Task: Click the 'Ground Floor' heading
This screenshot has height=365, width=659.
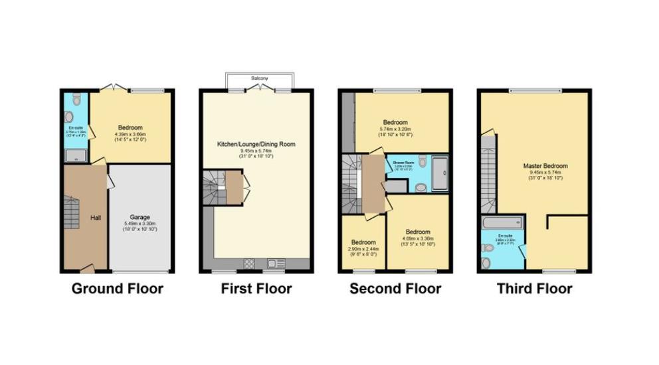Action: tap(117, 289)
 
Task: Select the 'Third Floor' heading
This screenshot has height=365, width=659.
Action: tap(534, 289)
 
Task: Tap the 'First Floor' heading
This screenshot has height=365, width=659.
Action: tap(256, 289)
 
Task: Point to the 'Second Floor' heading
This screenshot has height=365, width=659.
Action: tap(395, 289)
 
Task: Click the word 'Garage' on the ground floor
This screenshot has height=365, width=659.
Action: tap(140, 217)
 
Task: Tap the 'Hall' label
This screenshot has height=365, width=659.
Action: tap(95, 218)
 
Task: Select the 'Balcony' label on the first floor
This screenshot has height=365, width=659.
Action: tap(260, 79)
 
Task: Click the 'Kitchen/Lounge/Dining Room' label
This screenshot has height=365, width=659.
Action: tap(255, 144)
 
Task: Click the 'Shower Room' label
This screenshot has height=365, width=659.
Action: tap(403, 163)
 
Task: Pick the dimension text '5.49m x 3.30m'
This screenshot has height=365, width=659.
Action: tap(140, 224)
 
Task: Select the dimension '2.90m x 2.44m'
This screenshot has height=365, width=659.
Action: tap(363, 248)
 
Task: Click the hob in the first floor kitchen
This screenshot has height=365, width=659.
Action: tap(249, 263)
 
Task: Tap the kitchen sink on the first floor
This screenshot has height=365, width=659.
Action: tap(274, 263)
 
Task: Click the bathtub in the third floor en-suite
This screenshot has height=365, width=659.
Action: tap(502, 221)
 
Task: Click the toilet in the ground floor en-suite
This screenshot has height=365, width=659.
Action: tap(76, 100)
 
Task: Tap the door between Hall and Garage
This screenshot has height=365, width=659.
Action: tap(108, 183)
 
